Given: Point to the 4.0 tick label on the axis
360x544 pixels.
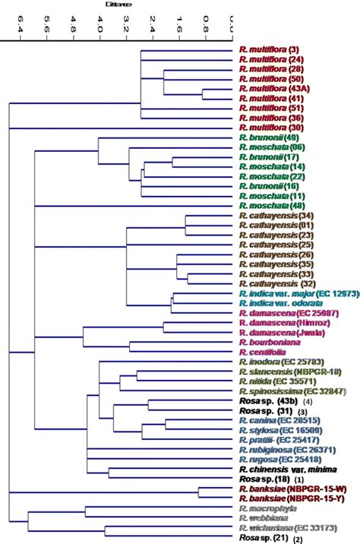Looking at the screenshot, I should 100,28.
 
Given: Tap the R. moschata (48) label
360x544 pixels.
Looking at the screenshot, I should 270,206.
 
